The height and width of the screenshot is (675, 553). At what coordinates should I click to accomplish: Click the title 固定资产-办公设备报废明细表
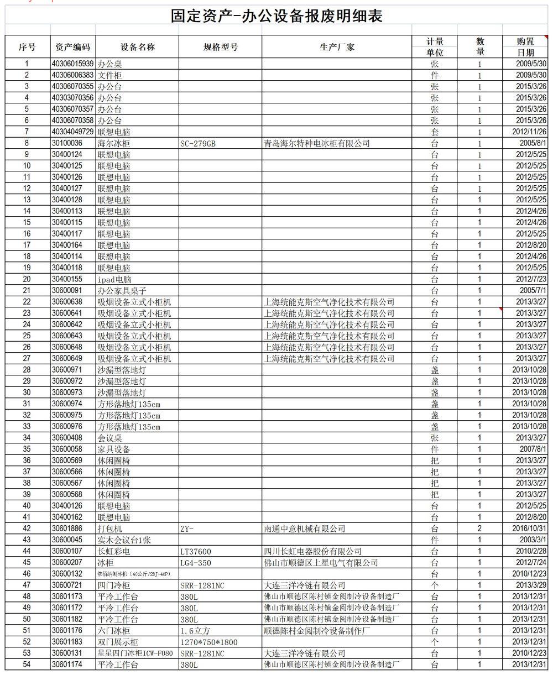pos(277,16)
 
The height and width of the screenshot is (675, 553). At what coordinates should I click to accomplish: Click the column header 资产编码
pos(72,47)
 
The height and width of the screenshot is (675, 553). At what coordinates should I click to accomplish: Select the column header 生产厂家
pos(337,47)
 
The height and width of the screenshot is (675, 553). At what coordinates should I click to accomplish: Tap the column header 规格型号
pos(221,47)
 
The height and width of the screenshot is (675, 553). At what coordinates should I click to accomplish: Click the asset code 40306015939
pos(72,64)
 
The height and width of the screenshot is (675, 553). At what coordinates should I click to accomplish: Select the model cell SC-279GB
pos(198,144)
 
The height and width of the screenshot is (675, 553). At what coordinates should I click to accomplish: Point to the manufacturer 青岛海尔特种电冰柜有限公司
pos(317,144)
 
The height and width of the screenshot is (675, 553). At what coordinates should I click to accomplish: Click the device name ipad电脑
pos(114,280)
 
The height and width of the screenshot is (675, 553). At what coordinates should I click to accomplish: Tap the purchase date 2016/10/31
pos(530,529)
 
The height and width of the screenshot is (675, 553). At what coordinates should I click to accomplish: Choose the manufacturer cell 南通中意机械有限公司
pos(305,529)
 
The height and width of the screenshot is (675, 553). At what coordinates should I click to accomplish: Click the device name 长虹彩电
pos(114,551)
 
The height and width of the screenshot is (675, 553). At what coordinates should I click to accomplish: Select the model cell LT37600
pos(196,552)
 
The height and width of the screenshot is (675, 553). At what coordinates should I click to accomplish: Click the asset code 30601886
pos(67,529)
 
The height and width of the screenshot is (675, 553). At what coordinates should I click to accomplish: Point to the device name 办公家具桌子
pos(122,291)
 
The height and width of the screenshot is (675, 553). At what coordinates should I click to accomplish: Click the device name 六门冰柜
pos(114,631)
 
